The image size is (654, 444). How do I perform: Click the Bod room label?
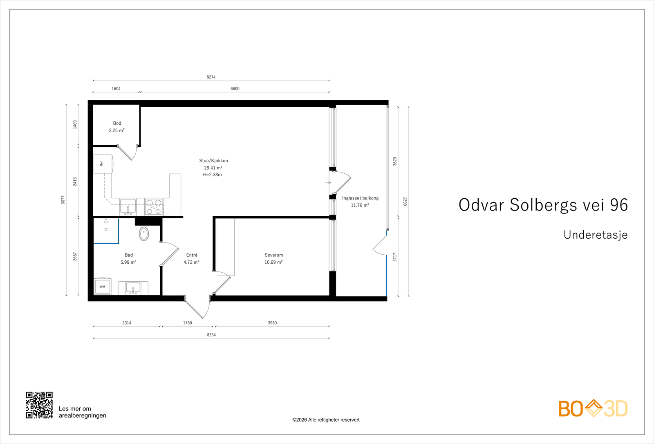click(117, 123)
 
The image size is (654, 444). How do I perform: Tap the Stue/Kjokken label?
click(213, 161)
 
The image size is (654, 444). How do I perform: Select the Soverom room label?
click(273, 255)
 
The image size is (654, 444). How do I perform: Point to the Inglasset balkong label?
click(360, 198)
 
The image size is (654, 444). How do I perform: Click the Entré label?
click(192, 255)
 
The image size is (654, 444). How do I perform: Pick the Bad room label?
click(129, 255)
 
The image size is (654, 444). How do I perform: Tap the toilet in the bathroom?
click(144, 234)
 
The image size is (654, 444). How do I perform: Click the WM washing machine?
click(103, 287)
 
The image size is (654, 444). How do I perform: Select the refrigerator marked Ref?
click(103, 164)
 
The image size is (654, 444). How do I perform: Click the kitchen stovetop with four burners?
click(154, 207)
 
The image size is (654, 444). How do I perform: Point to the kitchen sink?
click(128, 206)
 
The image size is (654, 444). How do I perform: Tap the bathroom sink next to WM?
click(133, 288)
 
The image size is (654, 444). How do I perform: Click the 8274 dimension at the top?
click(211, 77)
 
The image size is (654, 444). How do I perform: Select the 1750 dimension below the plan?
click(187, 323)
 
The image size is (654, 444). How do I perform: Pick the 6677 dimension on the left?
click(63, 200)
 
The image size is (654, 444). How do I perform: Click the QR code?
click(39, 405)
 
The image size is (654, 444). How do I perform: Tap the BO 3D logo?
click(593, 408)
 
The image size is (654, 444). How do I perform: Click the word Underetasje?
click(595, 235)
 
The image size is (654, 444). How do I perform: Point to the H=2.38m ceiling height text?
click(212, 175)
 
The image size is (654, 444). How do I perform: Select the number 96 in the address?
click(619, 205)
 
